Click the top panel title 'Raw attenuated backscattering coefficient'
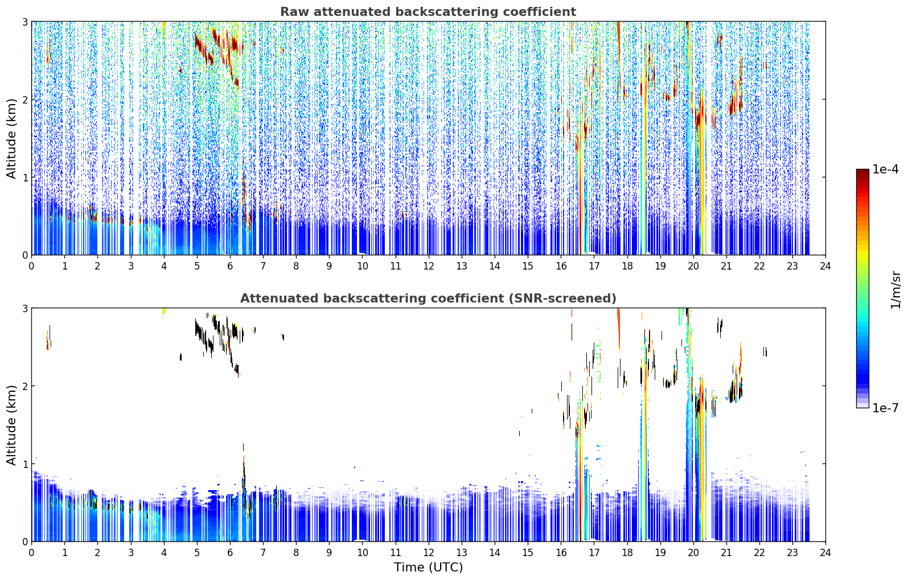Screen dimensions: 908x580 pos(428,12)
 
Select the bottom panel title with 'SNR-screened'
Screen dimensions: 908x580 pos(428,298)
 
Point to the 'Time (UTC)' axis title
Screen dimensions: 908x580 pos(428,567)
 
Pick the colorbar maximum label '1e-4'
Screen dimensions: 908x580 pos(885,169)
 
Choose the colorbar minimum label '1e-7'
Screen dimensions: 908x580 pos(885,408)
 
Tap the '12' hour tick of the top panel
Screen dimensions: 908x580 pos(429,266)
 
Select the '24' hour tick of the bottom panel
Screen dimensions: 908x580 pos(825,553)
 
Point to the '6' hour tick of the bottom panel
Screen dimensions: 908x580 pos(230,553)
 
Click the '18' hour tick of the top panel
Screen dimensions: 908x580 pos(627,266)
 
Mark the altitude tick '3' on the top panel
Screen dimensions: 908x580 pos(24,22)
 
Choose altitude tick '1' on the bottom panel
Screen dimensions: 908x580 pos(24,464)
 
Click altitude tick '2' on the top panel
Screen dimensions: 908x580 pos(24,100)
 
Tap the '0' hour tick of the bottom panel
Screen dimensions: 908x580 pos(32,553)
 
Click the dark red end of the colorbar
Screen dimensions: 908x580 pos(862,172)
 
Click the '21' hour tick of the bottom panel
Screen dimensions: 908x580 pos(726,553)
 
